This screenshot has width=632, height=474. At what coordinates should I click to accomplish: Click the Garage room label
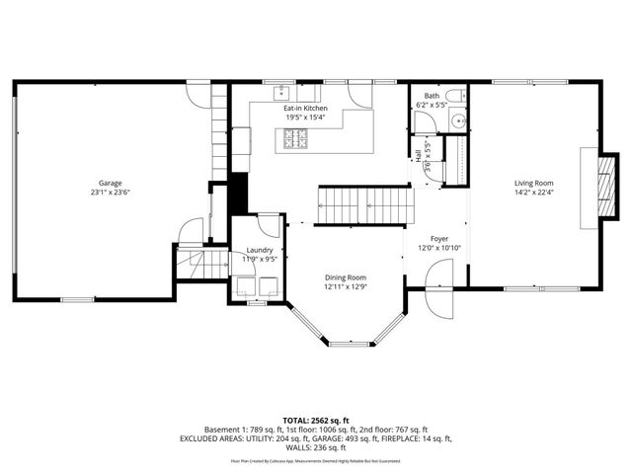110,183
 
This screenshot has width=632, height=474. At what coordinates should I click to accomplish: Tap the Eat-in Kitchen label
302,108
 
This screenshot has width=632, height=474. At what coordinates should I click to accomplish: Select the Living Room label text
533,183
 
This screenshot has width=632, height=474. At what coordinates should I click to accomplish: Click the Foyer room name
438,238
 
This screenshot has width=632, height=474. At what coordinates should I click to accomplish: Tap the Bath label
433,96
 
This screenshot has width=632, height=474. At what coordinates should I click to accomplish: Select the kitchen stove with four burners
296,139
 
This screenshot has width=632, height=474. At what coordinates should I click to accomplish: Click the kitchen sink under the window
281,94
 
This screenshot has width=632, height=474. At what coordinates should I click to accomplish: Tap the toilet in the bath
425,121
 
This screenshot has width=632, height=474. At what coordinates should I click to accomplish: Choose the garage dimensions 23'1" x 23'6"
110,193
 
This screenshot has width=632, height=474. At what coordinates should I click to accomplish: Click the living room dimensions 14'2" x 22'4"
533,193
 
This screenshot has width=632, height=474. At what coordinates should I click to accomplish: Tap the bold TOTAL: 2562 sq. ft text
316,421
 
